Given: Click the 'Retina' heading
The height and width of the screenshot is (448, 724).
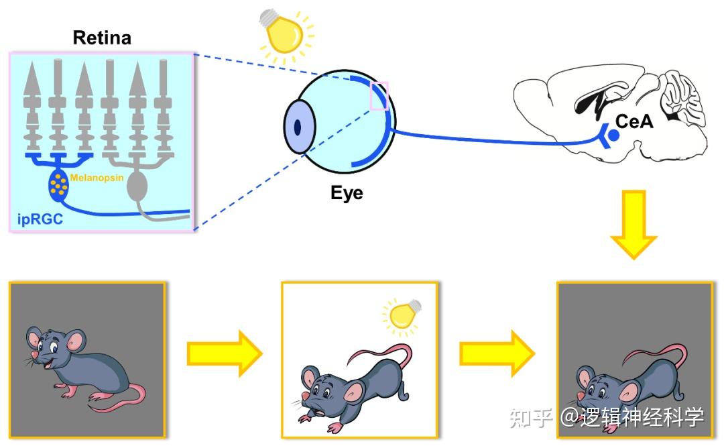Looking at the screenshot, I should click(x=102, y=38).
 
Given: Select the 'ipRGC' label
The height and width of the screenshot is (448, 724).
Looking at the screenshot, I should click(x=40, y=218).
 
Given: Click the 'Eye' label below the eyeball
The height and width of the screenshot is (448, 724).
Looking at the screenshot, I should click(x=347, y=193).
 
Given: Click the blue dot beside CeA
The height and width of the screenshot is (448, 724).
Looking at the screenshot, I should click(x=613, y=135).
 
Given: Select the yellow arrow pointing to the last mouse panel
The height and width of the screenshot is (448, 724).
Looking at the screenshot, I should click(x=497, y=353).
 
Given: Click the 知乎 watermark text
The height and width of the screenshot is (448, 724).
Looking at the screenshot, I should click(x=530, y=417).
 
